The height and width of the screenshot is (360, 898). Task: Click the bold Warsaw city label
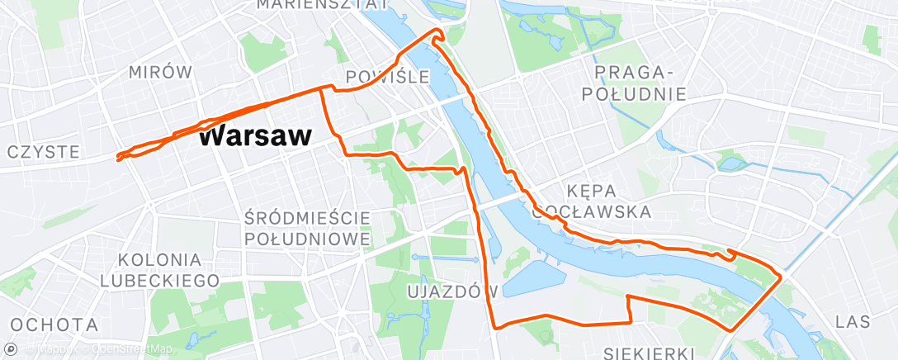pyautogui.click(x=256, y=136)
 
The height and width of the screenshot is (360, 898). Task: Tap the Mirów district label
pyautogui.click(x=160, y=73)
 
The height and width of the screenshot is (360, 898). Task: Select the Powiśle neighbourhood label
pyautogui.click(x=388, y=77)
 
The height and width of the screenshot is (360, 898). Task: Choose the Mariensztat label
pyautogui.click(x=322, y=5)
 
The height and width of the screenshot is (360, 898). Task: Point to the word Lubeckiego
pyautogui.click(x=159, y=281)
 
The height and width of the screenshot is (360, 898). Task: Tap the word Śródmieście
pyautogui.click(x=307, y=218)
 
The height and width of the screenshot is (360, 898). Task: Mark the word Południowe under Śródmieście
pyautogui.click(x=307, y=239)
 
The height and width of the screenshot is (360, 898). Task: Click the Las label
pyautogui.click(x=852, y=320)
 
